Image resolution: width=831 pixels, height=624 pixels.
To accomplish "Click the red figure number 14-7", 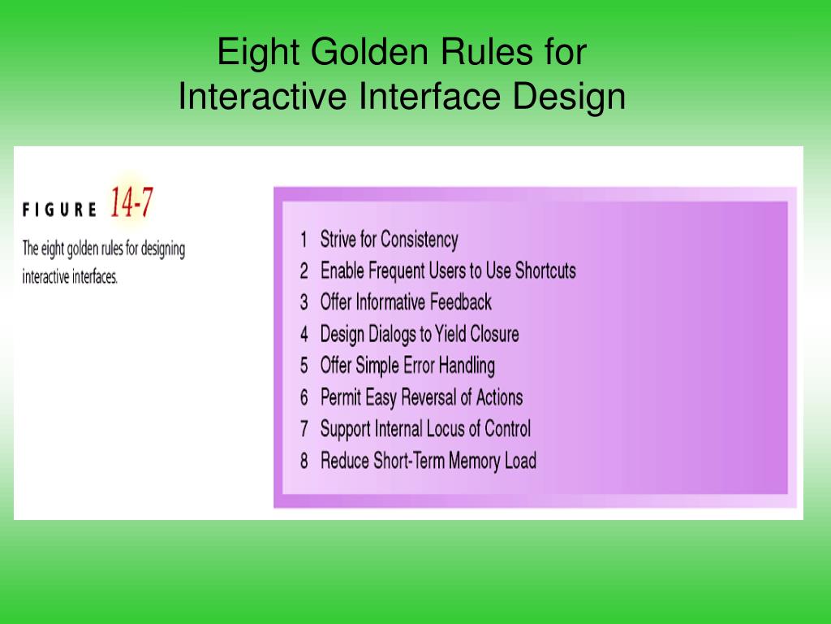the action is pyautogui.click(x=131, y=202).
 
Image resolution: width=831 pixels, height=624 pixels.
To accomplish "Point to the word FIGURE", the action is pyautogui.click(x=59, y=210).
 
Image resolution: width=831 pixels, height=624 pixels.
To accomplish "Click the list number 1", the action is pyautogui.click(x=304, y=240).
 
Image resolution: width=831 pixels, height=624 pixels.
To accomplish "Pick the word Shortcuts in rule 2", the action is pyautogui.click(x=545, y=271).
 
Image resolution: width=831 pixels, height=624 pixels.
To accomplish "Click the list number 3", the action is pyautogui.click(x=304, y=302).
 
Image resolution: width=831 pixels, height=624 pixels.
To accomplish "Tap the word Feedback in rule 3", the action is pyautogui.click(x=461, y=302).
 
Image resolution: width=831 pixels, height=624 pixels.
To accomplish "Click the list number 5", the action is pyautogui.click(x=304, y=366).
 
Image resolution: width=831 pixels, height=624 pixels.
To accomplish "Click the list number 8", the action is pyautogui.click(x=304, y=461).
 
